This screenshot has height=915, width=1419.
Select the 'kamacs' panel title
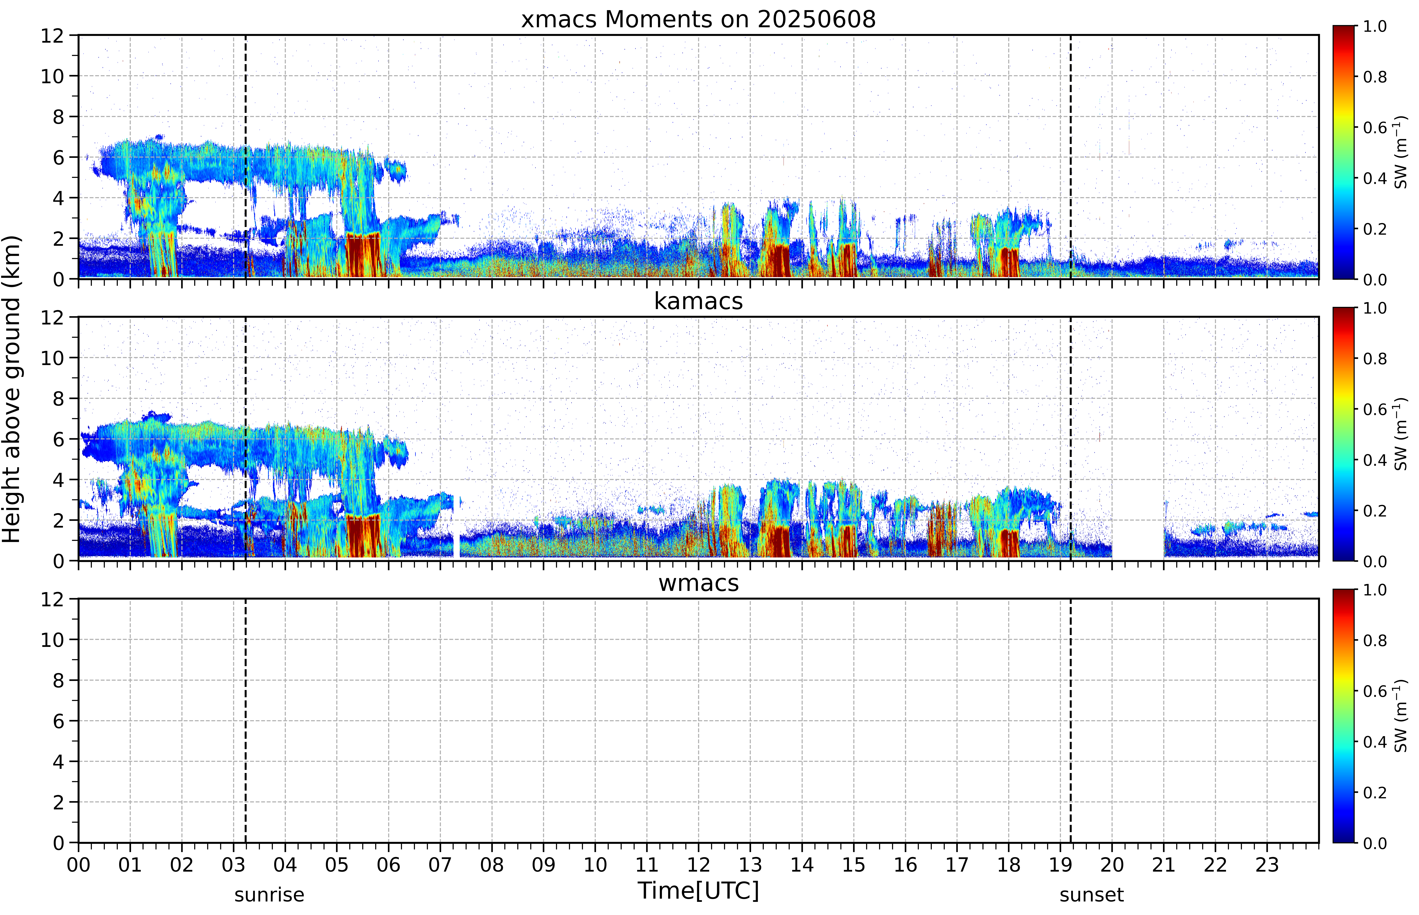tap(698, 301)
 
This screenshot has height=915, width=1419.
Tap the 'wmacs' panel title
tap(698, 583)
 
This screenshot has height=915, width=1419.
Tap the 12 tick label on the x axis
tap(698, 864)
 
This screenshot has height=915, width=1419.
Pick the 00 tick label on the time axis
tap(78, 864)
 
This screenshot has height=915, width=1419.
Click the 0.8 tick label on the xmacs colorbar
tap(1374, 77)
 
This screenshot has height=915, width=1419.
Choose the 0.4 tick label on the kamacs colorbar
tap(1374, 460)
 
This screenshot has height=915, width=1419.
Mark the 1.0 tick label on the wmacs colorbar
tap(1374, 590)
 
